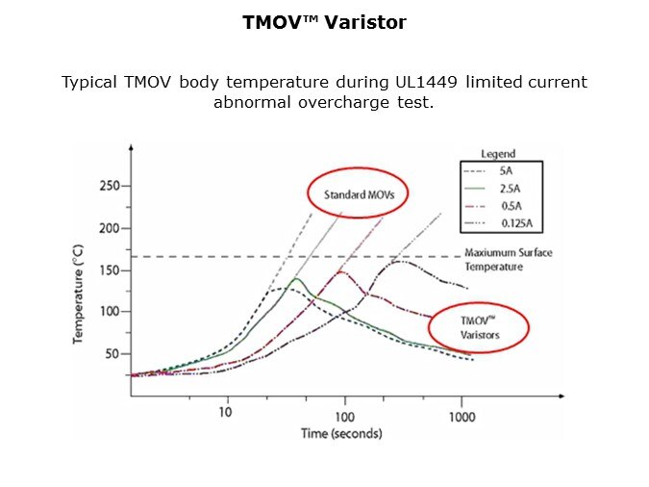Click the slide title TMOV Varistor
[324, 21]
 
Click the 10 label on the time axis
[227, 413]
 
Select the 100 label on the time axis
[344, 415]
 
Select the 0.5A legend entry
[512, 205]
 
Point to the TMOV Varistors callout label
[478, 328]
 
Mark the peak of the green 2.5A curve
[295, 279]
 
